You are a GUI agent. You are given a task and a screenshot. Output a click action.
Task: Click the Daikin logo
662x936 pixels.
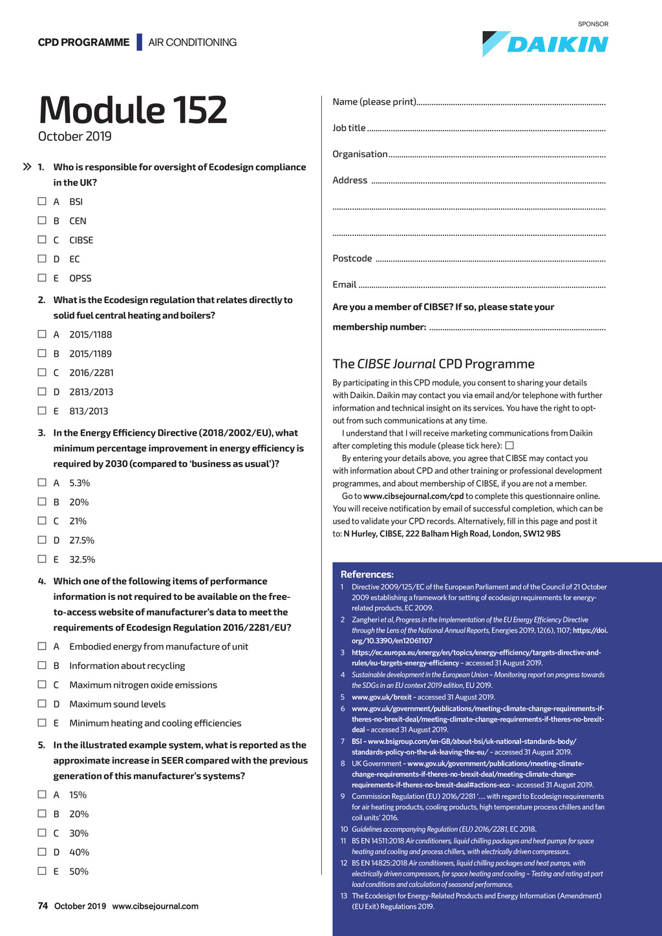click(545, 43)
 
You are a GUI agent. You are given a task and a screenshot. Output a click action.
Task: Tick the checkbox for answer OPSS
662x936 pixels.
click(42, 278)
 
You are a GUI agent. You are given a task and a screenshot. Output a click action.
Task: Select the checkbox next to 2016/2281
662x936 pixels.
click(42, 372)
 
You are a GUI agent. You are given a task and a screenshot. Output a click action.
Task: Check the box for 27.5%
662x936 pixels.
click(42, 540)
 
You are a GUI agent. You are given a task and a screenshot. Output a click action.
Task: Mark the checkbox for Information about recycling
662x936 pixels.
click(42, 665)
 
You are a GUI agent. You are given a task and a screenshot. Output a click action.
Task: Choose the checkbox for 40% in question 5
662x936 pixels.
click(42, 852)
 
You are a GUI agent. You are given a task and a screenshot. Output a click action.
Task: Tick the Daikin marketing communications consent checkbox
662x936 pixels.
click(509, 445)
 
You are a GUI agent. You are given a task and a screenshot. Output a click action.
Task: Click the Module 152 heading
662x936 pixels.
click(133, 110)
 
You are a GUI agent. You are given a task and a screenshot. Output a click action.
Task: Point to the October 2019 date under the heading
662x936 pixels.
click(75, 136)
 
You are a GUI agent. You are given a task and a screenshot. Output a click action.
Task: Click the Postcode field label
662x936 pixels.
click(352, 259)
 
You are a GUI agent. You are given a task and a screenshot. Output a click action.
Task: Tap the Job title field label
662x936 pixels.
click(349, 128)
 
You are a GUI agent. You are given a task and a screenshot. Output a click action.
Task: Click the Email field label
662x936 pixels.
click(345, 284)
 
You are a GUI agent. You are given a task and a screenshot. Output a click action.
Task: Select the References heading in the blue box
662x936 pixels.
click(367, 574)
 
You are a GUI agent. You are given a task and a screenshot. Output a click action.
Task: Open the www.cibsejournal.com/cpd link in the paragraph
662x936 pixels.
click(414, 496)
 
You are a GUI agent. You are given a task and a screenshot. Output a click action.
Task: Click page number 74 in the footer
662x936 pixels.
click(43, 906)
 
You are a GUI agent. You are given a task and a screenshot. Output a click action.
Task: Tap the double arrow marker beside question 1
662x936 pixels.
click(27, 167)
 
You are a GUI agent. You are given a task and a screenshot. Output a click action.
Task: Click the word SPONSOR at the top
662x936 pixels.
click(593, 24)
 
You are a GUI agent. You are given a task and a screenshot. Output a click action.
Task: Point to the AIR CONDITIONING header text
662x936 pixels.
click(193, 43)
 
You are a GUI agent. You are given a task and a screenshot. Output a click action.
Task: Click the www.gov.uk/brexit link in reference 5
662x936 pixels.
click(381, 697)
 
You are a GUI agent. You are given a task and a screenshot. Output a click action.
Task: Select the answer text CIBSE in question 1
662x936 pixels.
click(81, 240)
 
